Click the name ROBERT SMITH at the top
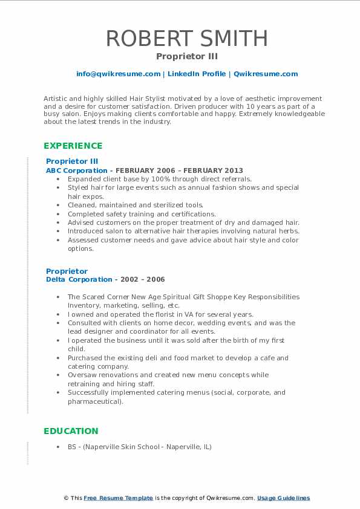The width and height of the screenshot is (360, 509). click(x=187, y=39)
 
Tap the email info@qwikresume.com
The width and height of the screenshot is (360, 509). click(x=118, y=74)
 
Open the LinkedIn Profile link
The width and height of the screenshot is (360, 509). click(x=197, y=74)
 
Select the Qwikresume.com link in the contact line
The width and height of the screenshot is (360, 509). click(x=266, y=74)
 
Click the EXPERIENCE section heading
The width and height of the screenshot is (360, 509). click(x=73, y=146)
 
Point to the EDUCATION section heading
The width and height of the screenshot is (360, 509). click(x=70, y=431)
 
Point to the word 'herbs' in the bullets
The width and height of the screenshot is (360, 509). click(x=289, y=231)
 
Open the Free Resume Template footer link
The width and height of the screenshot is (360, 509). click(x=119, y=498)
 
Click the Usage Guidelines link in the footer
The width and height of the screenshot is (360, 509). click(x=283, y=498)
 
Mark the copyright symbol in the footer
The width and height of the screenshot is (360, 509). click(x=65, y=498)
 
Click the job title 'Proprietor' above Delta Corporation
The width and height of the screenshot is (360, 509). click(x=67, y=271)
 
